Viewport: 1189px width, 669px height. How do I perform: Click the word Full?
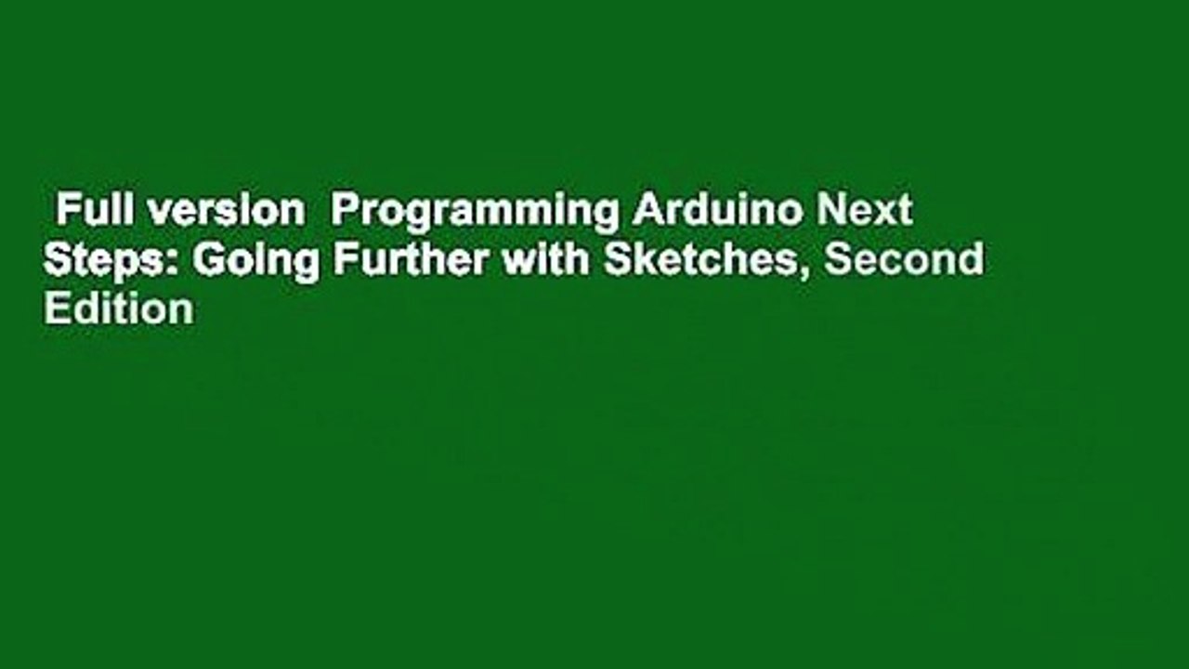86,212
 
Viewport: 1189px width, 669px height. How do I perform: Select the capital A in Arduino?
645,213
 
